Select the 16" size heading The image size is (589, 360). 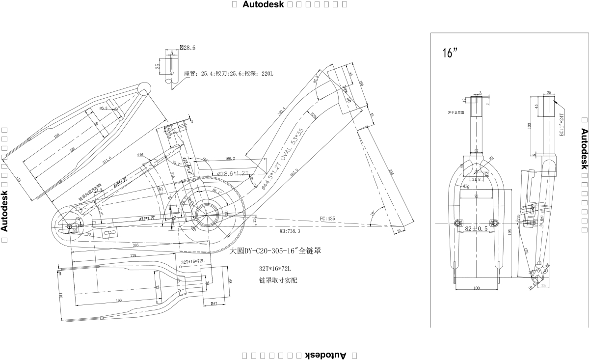pos(450,53)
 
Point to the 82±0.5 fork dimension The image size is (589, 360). pos(476,229)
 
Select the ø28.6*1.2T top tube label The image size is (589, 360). pos(233,174)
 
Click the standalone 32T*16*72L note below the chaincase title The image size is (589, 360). pos(275,269)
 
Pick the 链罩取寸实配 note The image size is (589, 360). pos(278,280)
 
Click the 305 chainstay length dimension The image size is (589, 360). pos(135,244)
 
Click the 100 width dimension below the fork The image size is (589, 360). pos(476,288)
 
